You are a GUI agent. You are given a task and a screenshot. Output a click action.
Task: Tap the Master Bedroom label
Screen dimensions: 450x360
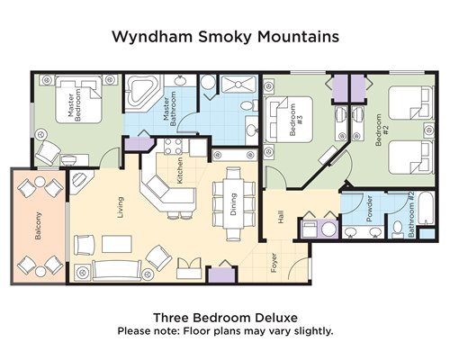[75, 105]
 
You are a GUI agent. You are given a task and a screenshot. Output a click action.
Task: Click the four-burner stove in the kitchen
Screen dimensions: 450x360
[174, 146]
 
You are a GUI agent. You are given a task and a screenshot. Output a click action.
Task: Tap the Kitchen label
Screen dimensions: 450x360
[180, 170]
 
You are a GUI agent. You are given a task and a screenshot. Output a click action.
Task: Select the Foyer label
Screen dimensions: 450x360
[274, 263]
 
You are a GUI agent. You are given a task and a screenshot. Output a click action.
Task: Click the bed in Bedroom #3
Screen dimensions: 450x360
[289, 119]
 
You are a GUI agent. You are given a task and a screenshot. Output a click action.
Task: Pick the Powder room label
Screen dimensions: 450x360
[369, 209]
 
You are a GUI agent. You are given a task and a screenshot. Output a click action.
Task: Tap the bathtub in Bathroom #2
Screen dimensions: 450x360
[426, 208]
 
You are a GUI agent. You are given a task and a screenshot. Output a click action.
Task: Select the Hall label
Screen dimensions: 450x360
[281, 217]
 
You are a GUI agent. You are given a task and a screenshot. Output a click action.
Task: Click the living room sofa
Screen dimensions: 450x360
[117, 270]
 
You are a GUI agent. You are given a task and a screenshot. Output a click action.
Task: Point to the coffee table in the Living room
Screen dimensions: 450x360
[117, 244]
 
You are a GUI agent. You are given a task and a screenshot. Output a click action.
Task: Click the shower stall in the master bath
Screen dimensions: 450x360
[238, 85]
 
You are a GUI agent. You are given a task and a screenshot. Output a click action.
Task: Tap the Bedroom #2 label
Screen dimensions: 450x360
[382, 130]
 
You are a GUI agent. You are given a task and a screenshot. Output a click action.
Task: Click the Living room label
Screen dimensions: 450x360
[121, 207]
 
